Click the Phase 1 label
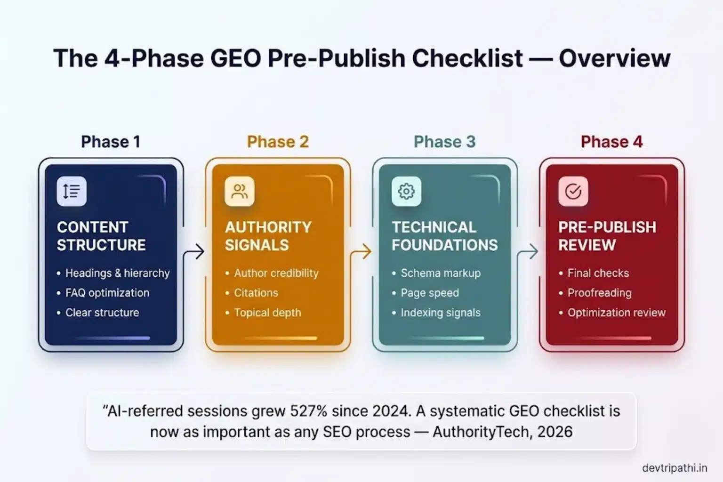tap(111, 142)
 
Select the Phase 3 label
tap(444, 142)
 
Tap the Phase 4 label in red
tap(611, 142)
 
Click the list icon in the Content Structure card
tap(72, 191)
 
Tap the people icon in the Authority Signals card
tap(240, 191)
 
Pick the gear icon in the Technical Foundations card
tap(406, 191)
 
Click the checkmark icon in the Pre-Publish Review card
tap(573, 191)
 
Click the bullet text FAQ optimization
tap(107, 293)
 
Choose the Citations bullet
tap(256, 293)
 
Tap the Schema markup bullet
tap(441, 273)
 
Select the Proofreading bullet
tap(599, 293)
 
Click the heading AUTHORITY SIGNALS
tap(268, 236)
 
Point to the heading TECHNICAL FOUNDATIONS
tap(444, 236)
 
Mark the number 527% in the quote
tap(308, 411)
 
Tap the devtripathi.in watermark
tap(674, 468)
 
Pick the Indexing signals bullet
tap(441, 313)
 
